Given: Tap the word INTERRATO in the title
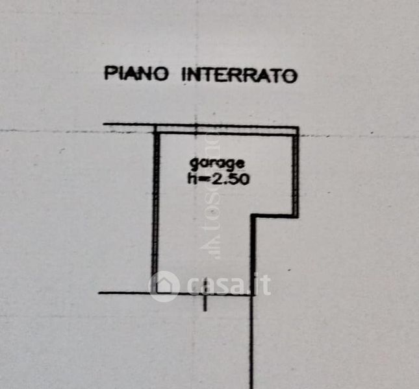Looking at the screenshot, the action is pos(238,75).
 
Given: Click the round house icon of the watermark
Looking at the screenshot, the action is pos(164,286).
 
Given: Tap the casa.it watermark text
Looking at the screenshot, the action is pos(227,285).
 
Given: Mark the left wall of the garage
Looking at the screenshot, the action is pos(156,207).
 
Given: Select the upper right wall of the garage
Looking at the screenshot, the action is pos(296,172).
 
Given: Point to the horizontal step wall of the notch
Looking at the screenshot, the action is pos(275,217).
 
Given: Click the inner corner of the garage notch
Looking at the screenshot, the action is pos(253,217).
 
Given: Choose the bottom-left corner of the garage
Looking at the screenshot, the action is pos(155,294).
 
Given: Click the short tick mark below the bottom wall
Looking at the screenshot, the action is pos(205,301).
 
